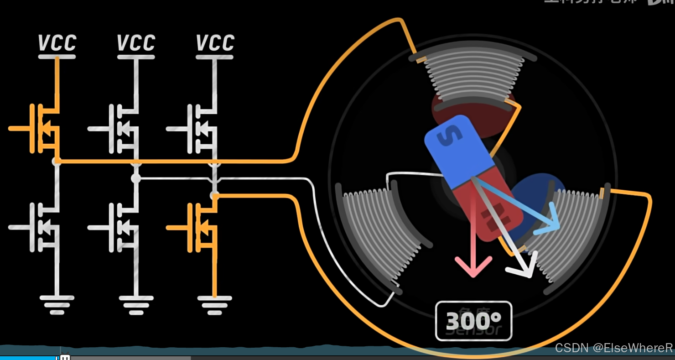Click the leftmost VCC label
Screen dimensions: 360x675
tap(57, 43)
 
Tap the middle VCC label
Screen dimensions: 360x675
tap(136, 43)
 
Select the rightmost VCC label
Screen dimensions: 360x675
tap(215, 43)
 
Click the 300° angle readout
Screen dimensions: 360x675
tap(473, 321)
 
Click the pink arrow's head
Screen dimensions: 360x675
tap(473, 267)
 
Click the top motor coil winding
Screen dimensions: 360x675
tap(474, 76)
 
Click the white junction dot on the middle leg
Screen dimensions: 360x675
tap(136, 178)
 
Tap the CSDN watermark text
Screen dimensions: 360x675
tap(613, 348)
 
